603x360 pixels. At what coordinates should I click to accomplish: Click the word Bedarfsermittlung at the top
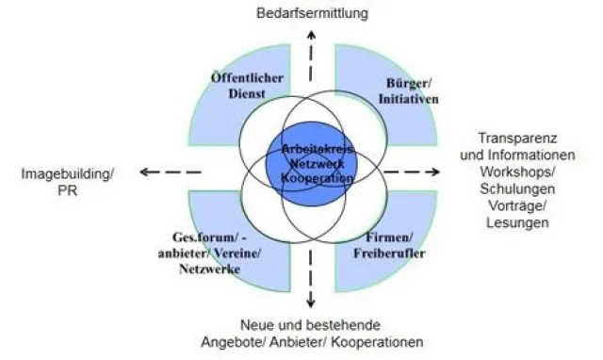pyautogui.click(x=311, y=13)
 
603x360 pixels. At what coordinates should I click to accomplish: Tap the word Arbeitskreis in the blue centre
pyautogui.click(x=311, y=149)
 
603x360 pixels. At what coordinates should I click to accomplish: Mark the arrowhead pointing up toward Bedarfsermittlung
pyautogui.click(x=312, y=32)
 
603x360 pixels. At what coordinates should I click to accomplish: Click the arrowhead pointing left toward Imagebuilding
pyautogui.click(x=142, y=172)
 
